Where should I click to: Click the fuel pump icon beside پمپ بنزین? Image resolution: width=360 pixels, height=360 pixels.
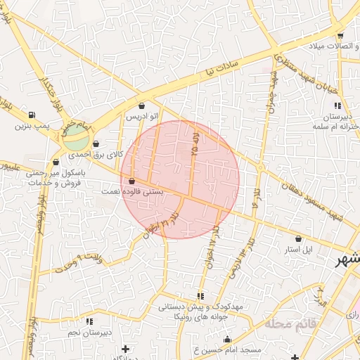tap(31, 115)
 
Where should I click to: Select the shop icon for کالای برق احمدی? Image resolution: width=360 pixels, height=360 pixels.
tap(105, 143)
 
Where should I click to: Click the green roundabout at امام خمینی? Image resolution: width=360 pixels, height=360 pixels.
tap(74, 139)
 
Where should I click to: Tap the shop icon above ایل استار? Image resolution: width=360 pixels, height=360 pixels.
tap(297, 239)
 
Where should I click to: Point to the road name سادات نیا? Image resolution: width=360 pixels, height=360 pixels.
tap(221, 69)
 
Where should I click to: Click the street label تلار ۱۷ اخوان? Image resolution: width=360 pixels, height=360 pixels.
tap(213, 239)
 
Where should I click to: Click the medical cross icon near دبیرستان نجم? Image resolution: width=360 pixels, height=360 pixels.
tap(125, 348)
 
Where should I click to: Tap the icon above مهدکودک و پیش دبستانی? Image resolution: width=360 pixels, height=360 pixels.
tap(200, 296)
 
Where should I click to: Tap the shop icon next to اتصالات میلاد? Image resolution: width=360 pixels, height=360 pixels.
tap(340, 35)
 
